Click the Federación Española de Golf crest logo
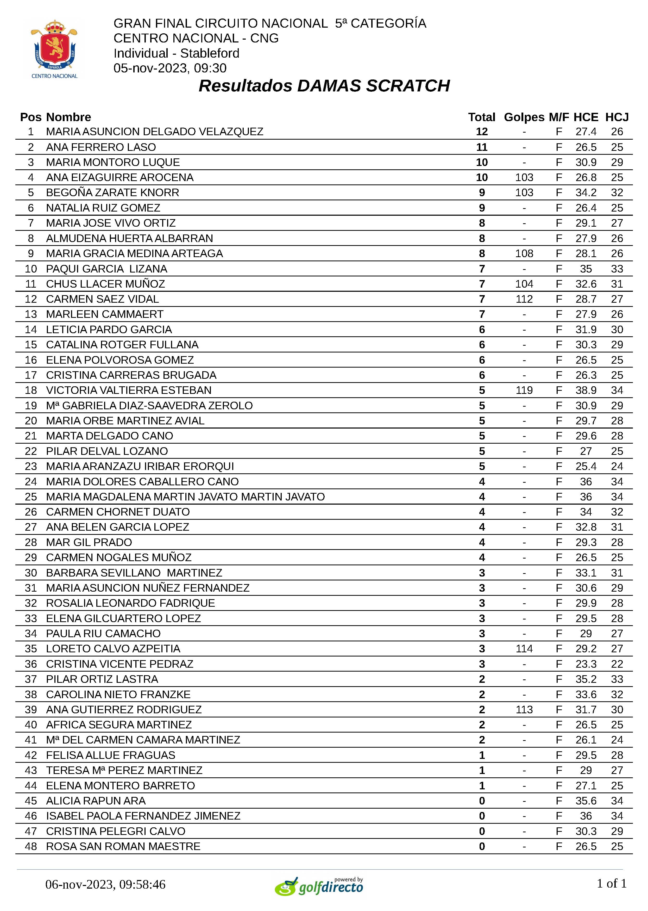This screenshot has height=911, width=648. tap(54, 48)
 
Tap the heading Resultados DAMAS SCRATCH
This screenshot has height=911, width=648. tap(324, 86)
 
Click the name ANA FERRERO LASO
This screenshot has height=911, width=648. tap(101, 147)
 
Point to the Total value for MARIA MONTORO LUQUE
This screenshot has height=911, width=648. tap(482, 163)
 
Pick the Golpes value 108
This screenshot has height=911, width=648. tap(524, 253)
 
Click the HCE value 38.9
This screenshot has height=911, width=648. tap(586, 391)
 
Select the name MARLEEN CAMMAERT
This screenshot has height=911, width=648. tap(105, 315)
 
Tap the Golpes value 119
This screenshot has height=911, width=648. tap(524, 391)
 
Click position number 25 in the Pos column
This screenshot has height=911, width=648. tap(31, 497)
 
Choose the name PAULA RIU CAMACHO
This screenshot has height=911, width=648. tap(103, 634)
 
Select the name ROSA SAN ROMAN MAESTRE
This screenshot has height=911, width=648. tap(123, 846)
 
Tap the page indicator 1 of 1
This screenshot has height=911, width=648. tap(611, 883)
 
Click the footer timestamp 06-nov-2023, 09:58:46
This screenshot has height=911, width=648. tap(105, 885)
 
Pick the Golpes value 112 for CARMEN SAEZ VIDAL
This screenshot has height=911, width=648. tap(524, 299)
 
